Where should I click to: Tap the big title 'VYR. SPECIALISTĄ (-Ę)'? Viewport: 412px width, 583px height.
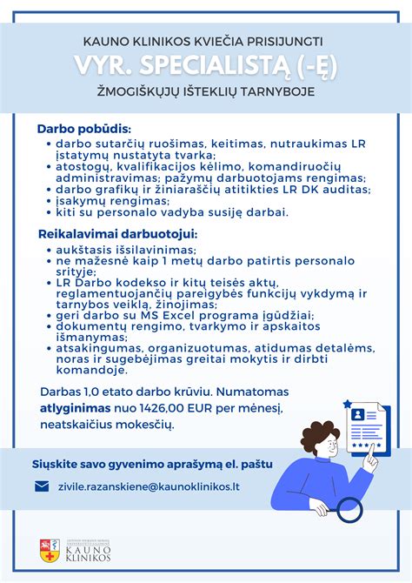[x=205, y=66]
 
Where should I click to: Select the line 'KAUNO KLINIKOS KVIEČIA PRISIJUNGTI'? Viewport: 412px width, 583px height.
[x=203, y=41]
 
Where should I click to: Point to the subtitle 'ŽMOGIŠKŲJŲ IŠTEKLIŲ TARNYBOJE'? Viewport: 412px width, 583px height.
[x=205, y=91]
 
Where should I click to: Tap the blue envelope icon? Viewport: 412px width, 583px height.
[x=42, y=486]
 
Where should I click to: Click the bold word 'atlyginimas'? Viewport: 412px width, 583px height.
[x=73, y=407]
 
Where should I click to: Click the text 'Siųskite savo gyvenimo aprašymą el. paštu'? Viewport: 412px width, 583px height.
[x=152, y=464]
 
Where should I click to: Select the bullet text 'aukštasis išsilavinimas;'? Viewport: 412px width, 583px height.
[x=114, y=249]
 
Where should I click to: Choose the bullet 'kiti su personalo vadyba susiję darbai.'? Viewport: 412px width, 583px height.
[x=171, y=211]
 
